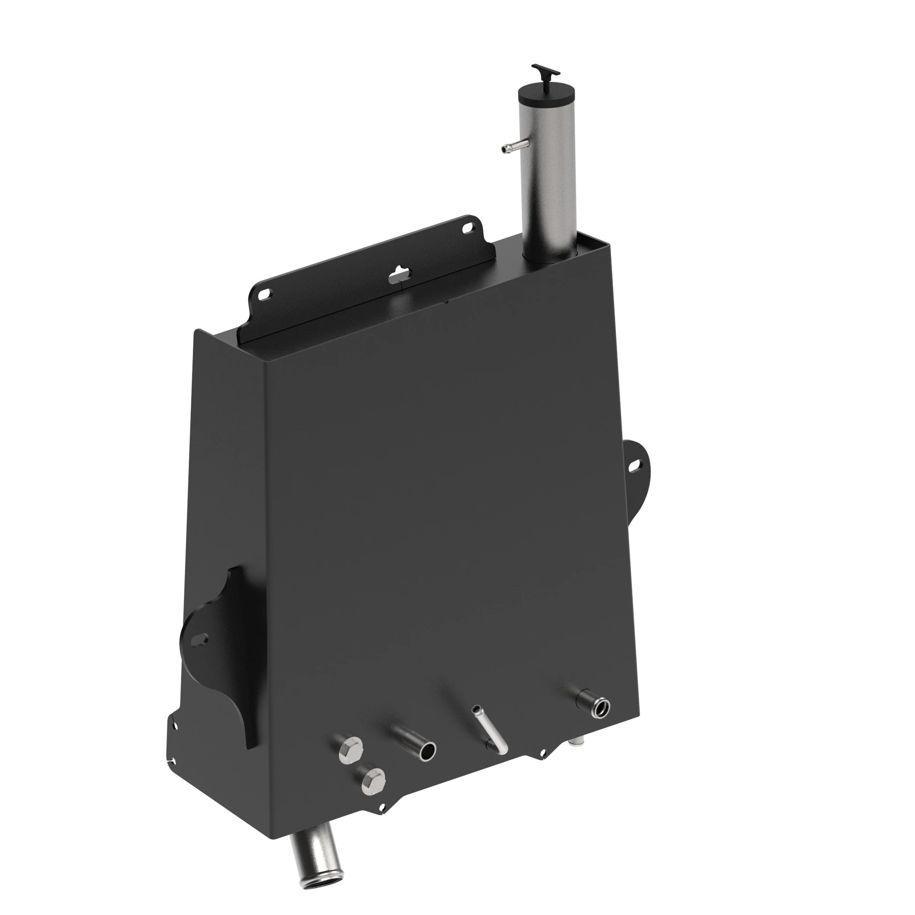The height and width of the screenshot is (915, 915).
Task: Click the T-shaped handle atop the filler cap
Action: click(x=546, y=72)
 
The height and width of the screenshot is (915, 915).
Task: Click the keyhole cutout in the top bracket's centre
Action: click(x=400, y=274)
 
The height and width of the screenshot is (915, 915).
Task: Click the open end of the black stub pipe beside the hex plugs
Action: click(x=428, y=751)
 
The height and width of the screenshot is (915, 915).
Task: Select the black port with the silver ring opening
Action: click(x=602, y=709)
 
